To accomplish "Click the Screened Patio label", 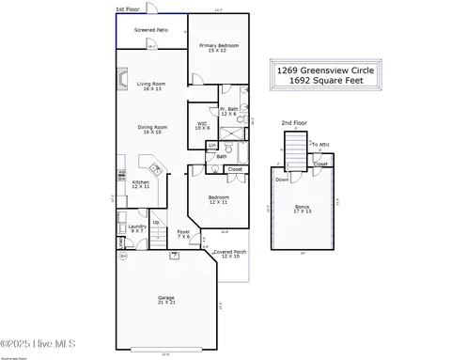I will pos(150,30).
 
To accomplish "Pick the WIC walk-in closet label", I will pos(202,124).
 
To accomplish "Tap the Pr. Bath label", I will pos(229,111).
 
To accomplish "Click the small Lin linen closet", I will pos(212,146).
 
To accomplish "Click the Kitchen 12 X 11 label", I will pos(140,185).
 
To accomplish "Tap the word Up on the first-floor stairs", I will pos(156,222).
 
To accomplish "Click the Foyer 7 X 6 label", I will pos(183,234).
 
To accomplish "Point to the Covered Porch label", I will pos(229,254).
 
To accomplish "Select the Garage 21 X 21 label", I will pos(165,300).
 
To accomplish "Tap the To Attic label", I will pos(320,144).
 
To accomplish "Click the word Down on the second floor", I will pos(282,179).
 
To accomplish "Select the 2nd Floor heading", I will pos(293,122).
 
